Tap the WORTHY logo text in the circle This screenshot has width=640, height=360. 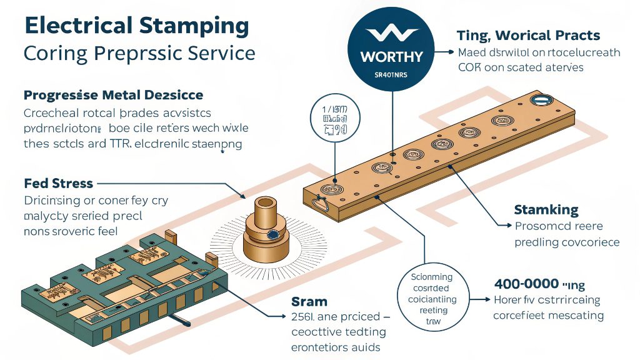[x=391, y=57]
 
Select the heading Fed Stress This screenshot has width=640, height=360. [x=58, y=184]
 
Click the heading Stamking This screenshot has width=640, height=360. [x=546, y=209]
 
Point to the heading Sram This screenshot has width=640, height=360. [x=309, y=302]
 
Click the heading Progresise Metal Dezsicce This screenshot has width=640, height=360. [x=113, y=95]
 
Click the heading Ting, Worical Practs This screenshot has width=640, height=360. [x=528, y=35]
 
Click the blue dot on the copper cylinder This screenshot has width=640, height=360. [x=273, y=235]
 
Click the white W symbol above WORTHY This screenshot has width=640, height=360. [x=391, y=34]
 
